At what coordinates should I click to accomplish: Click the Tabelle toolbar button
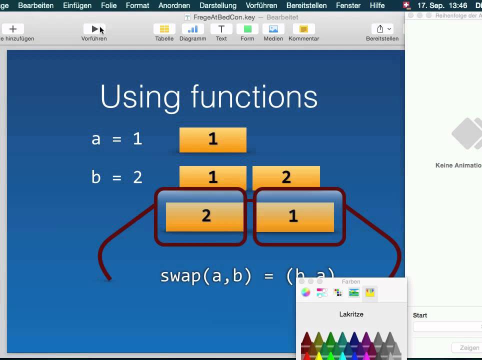point(164,29)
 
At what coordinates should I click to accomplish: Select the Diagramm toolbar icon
point(192,29)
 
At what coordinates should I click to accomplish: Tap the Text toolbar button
point(221,29)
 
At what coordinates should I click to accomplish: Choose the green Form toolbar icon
point(247,29)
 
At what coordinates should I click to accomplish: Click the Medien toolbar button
point(273,29)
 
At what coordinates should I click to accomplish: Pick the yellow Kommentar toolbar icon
point(303,29)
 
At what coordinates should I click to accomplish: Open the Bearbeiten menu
point(35,5)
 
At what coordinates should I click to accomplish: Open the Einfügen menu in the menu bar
point(77,5)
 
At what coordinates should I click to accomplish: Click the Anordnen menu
point(174,5)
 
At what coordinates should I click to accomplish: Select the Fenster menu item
point(348,5)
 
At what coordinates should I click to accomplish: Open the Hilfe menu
point(377,5)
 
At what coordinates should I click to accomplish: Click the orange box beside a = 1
point(212,139)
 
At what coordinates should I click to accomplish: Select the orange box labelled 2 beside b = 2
point(286,176)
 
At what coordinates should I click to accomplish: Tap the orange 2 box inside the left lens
point(206,216)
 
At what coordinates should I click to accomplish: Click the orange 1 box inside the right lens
point(293,216)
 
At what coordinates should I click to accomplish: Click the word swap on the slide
point(181,275)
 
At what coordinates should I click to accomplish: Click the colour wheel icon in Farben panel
point(305,292)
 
